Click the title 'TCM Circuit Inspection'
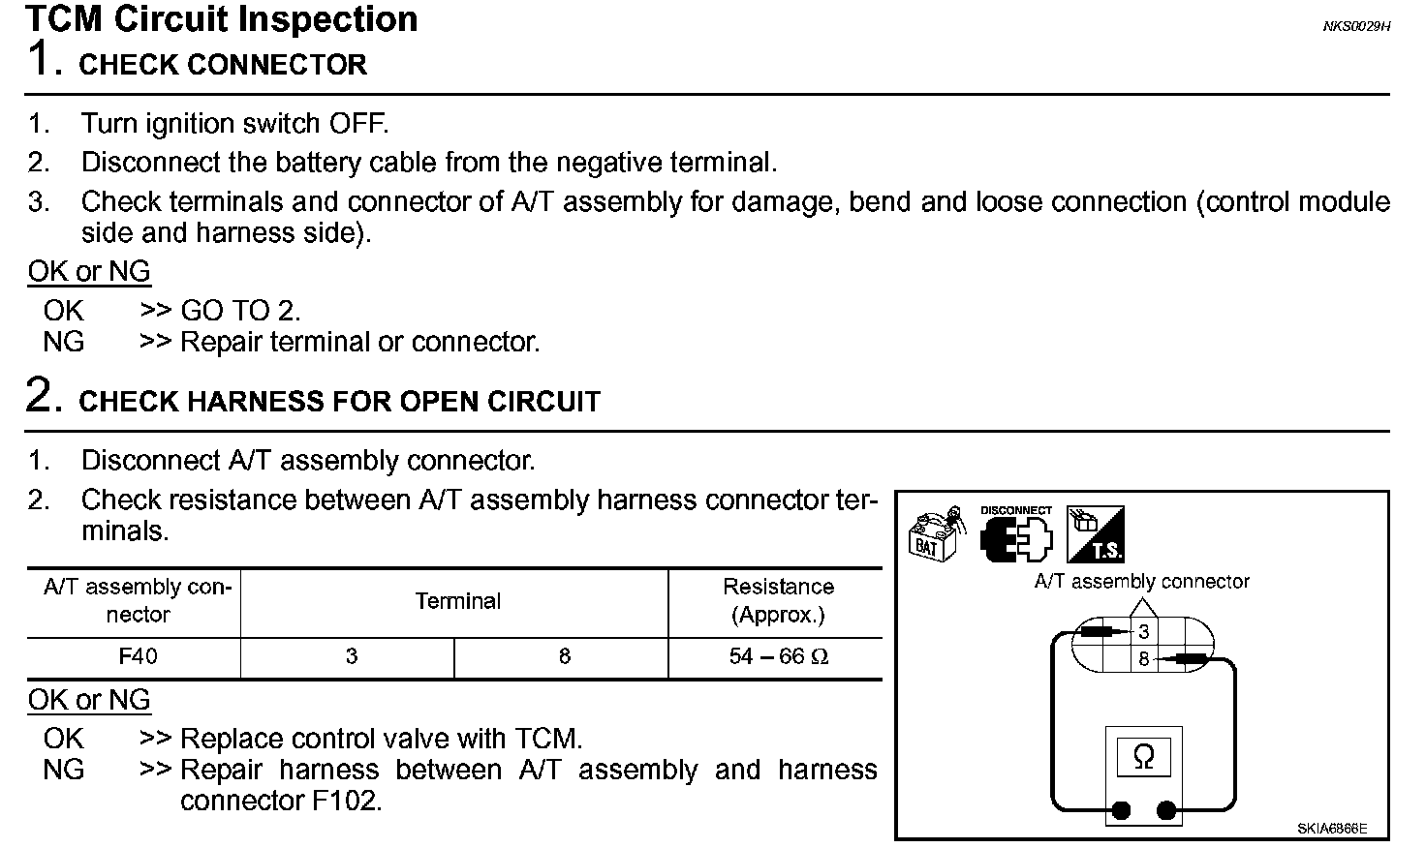[x=222, y=19]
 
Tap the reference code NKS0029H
[x=1356, y=27]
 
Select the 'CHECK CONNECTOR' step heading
[x=222, y=65]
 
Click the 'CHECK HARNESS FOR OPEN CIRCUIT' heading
[x=339, y=402]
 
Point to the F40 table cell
[x=138, y=656]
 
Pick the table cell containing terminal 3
[x=351, y=656]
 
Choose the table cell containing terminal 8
[x=564, y=656]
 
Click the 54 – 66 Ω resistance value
[x=778, y=656]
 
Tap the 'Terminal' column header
[x=457, y=601]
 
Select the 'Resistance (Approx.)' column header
[x=778, y=600]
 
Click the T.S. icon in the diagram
[x=1096, y=534]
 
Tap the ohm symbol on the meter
[x=1143, y=756]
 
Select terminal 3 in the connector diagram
[x=1143, y=632]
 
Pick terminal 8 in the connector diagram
[x=1143, y=660]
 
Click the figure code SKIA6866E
[x=1332, y=829]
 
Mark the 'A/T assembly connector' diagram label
[x=1141, y=582]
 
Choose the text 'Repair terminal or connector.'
[x=360, y=342]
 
